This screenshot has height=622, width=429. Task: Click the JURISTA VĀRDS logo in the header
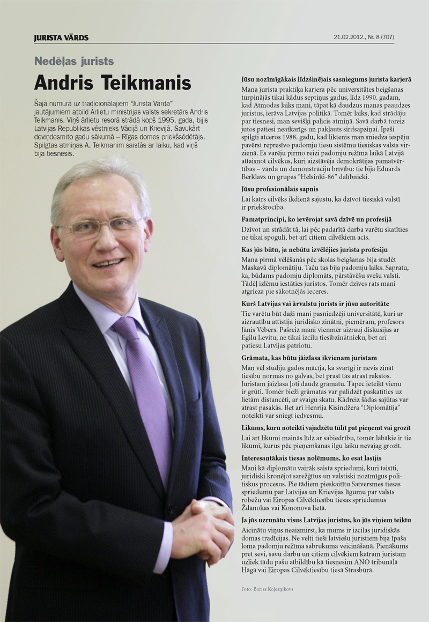(x=61, y=38)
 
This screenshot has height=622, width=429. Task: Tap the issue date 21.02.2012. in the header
(x=348, y=38)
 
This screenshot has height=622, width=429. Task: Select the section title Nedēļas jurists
(x=74, y=61)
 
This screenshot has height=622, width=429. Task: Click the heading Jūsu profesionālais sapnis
(x=280, y=189)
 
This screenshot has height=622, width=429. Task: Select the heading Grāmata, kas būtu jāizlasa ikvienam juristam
(x=309, y=358)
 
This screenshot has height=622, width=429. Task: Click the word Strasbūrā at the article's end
(x=356, y=571)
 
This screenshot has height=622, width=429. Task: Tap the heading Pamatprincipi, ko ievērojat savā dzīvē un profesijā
(x=316, y=219)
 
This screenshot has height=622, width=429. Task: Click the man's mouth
(x=109, y=263)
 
